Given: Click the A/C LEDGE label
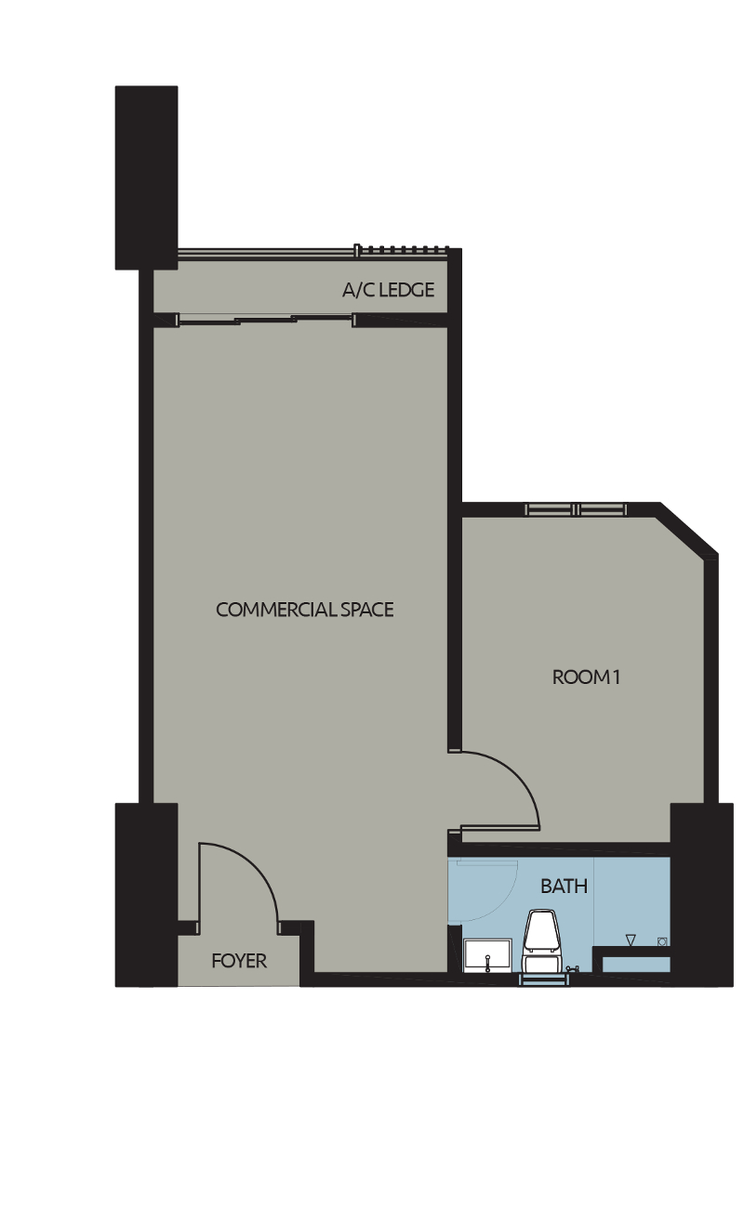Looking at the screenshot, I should (388, 290).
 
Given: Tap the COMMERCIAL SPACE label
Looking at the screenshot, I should (304, 610).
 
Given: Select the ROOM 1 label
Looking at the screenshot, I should (586, 677).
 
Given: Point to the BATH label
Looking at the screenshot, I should (564, 887).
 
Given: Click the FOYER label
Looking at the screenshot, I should (239, 961).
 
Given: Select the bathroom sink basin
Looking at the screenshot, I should (485, 954).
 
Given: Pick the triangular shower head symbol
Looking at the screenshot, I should (631, 940).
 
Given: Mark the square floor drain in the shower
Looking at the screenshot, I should (662, 940).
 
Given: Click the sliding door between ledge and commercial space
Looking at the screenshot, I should (265, 321).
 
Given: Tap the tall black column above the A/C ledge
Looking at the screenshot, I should (146, 177).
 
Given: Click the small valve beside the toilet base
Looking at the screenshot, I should (570, 968).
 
